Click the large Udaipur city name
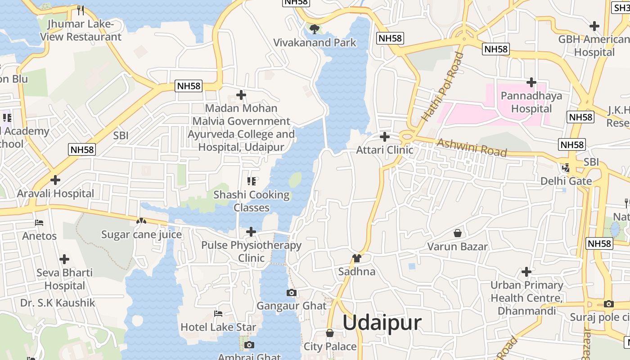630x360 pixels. [382, 323]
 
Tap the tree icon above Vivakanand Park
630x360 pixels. [315, 29]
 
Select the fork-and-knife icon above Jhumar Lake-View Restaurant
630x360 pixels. [81, 10]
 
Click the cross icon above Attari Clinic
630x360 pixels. [385, 136]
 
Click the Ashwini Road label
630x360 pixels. [472, 147]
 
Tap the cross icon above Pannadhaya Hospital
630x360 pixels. [531, 82]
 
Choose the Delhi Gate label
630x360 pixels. [566, 181]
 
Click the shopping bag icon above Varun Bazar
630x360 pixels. [458, 233]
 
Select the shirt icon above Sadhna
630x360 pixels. [357, 258]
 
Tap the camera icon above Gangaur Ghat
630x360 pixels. [291, 293]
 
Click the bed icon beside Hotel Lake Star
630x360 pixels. [218, 314]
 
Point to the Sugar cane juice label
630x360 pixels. [141, 234]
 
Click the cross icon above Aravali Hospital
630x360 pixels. [55, 180]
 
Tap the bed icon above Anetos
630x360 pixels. [39, 223]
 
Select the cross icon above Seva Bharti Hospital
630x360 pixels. [64, 259]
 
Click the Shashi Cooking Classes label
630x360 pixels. [251, 201]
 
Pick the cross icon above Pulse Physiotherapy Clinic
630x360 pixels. [251, 232]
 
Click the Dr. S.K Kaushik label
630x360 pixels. [58, 303]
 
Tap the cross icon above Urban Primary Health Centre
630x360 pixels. [526, 272]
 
